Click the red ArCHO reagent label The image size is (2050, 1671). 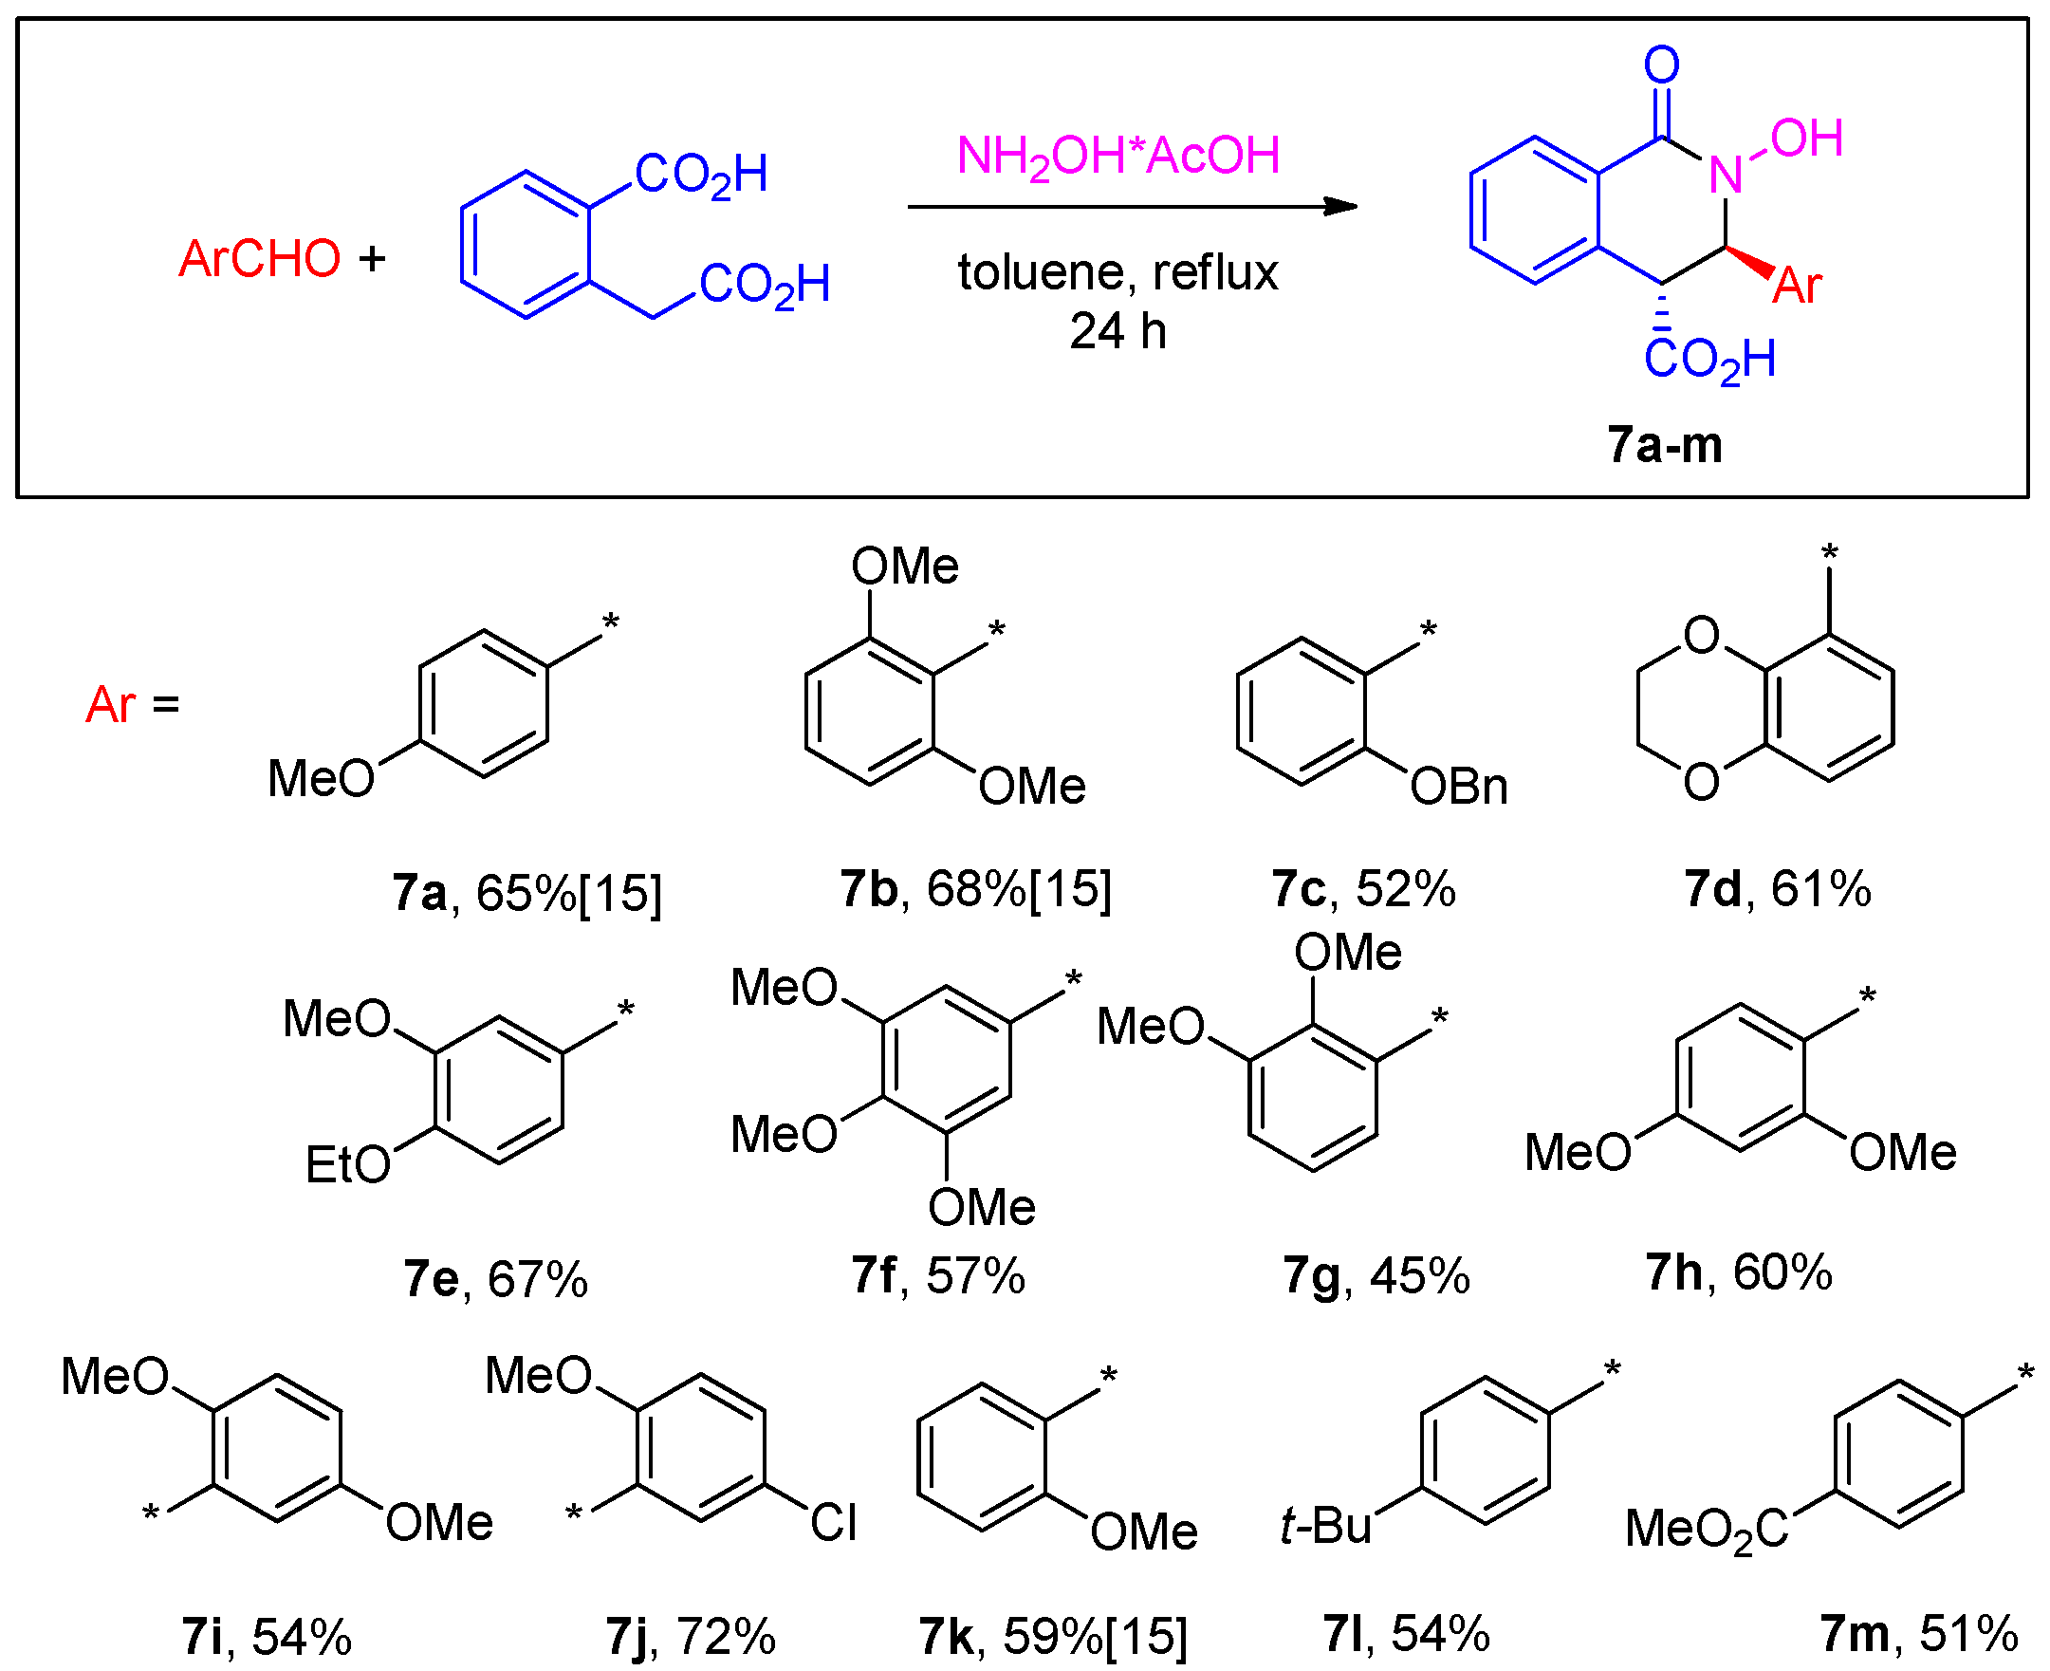tap(259, 258)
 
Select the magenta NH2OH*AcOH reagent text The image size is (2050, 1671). tap(1117, 156)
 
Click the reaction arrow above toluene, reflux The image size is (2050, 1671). tap(1131, 206)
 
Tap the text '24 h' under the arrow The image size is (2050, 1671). tap(1117, 331)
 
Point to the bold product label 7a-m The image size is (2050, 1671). tap(1664, 445)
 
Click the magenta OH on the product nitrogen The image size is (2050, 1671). tap(1805, 139)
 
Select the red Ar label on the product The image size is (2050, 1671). tap(1797, 286)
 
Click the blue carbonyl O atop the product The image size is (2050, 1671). tap(1661, 65)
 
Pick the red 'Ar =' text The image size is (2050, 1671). tap(133, 705)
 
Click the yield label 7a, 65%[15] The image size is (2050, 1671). tap(526, 892)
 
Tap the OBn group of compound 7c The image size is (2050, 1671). tap(1458, 788)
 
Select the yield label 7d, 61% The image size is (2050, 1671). tap(1777, 888)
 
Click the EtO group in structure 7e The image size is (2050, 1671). tap(347, 1164)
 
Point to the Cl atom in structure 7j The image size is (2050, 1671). tap(833, 1523)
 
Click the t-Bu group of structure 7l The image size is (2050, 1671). tap(1325, 1526)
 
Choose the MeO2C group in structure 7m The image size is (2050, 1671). tap(1706, 1529)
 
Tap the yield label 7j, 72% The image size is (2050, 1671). tap(690, 1636)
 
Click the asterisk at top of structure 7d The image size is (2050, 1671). tap(1829, 552)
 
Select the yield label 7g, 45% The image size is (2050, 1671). tap(1376, 1276)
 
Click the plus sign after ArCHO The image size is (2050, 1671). tap(372, 258)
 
